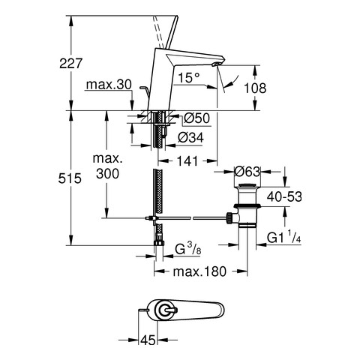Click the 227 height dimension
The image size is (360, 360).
tap(70, 63)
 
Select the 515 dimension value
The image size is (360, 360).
tap(70, 178)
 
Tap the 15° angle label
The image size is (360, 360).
tap(189, 77)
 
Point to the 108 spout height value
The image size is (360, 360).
tap(255, 88)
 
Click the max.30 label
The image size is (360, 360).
tap(109, 85)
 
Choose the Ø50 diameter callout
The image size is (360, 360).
tap(196, 118)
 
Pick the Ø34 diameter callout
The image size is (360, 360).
tap(190, 137)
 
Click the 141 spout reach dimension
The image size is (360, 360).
tap(187, 161)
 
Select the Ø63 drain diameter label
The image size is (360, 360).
tap(247, 172)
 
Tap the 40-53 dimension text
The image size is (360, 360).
tap(284, 196)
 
